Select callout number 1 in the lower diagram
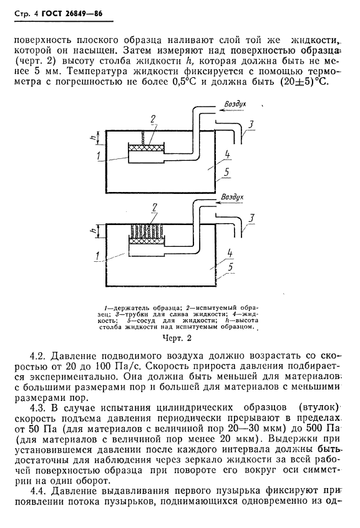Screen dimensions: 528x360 [98, 254]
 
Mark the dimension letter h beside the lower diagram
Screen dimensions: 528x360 [92, 231]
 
